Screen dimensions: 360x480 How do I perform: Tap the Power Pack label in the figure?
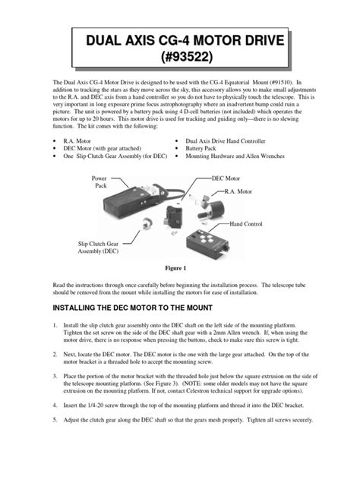pos(101,182)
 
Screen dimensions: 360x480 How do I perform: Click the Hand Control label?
pos(248,226)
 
